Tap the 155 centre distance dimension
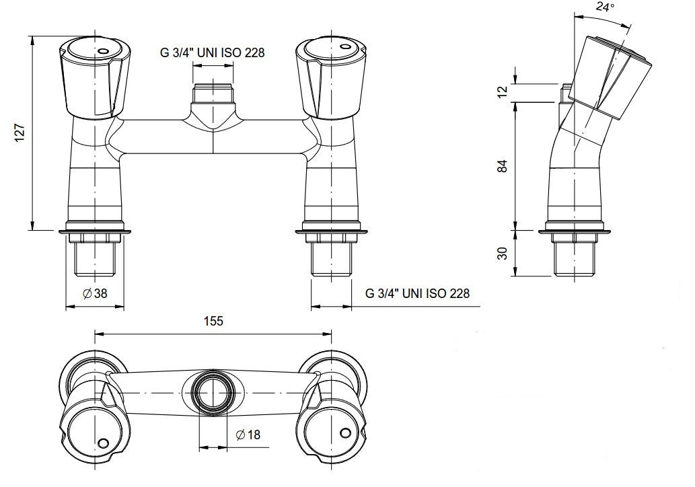pos(213,321)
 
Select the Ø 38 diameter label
pos(95,293)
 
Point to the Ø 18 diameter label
pos(248,435)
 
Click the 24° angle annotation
pos(606,8)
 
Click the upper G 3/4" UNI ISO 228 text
pos(212,53)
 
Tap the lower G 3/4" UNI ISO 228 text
pos(417,293)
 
